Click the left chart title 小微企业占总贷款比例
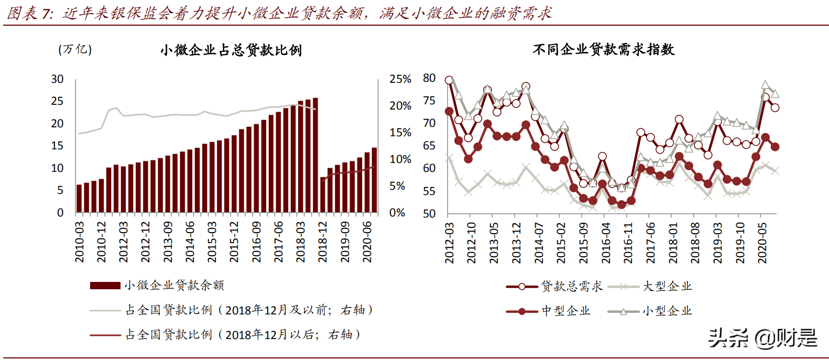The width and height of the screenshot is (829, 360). point(231,50)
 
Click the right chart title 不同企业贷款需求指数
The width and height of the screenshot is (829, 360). point(603,50)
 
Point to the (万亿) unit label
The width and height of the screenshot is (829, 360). point(75,49)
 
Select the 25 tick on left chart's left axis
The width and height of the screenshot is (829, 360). point(57,101)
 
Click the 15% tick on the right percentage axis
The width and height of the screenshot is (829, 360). point(400,133)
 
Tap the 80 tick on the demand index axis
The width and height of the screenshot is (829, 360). point(429,78)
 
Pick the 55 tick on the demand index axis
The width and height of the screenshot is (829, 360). point(429,191)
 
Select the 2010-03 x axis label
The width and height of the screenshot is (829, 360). point(80,242)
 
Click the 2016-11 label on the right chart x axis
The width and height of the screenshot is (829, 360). point(628,243)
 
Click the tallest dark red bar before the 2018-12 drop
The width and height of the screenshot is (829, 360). point(315,155)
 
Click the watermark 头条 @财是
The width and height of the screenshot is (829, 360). point(762,338)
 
